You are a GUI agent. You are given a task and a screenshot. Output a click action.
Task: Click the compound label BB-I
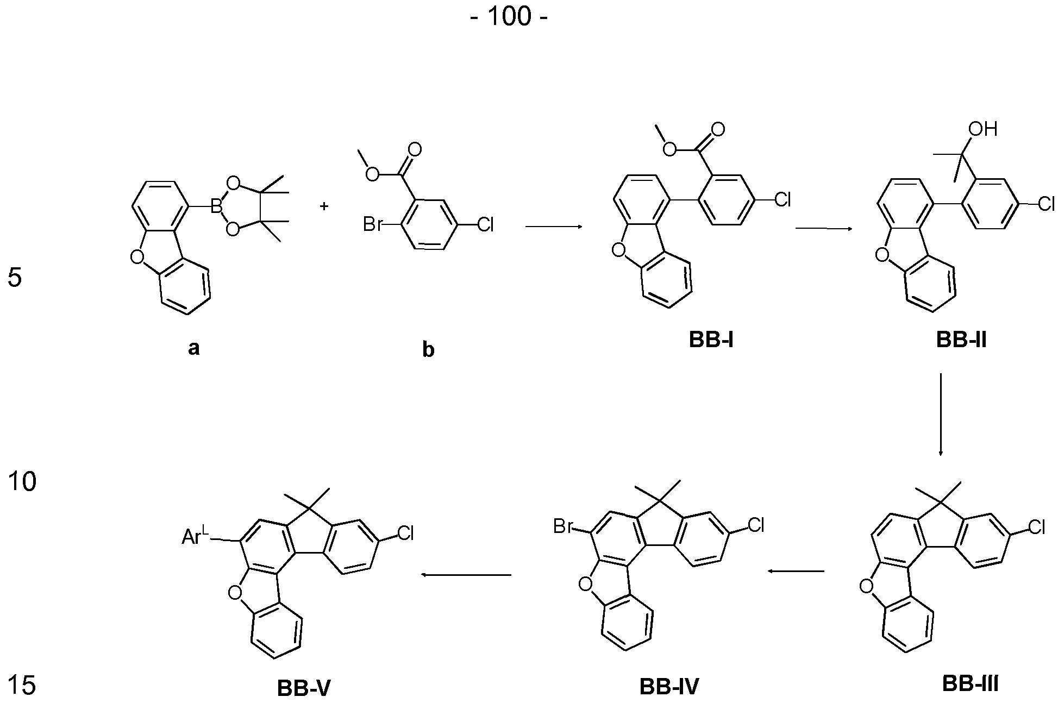click(x=711, y=340)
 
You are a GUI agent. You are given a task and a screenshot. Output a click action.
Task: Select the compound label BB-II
click(x=961, y=340)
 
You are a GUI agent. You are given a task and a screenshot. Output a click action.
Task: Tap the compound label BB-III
click(x=970, y=683)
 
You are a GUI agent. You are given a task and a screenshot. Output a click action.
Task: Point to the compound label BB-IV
click(x=669, y=687)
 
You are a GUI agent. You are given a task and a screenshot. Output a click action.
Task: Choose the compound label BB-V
click(x=304, y=688)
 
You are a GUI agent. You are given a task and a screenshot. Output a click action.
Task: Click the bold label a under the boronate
click(x=193, y=348)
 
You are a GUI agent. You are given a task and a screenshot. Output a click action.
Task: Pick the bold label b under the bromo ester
click(x=428, y=349)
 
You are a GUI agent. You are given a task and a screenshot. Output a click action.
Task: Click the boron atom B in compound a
click(x=217, y=206)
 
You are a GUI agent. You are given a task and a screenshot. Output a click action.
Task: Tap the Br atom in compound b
click(x=373, y=224)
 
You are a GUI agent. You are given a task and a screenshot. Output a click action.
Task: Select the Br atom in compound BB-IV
click(x=564, y=526)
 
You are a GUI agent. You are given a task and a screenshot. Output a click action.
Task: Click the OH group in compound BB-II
click(x=984, y=129)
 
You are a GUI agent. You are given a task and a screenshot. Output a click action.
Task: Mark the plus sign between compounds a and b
click(x=324, y=206)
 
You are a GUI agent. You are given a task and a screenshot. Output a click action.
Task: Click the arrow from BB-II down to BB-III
click(x=941, y=415)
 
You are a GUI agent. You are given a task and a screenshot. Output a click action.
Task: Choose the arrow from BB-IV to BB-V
click(x=466, y=575)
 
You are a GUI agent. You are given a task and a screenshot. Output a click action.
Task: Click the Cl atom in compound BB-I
click(x=782, y=200)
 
